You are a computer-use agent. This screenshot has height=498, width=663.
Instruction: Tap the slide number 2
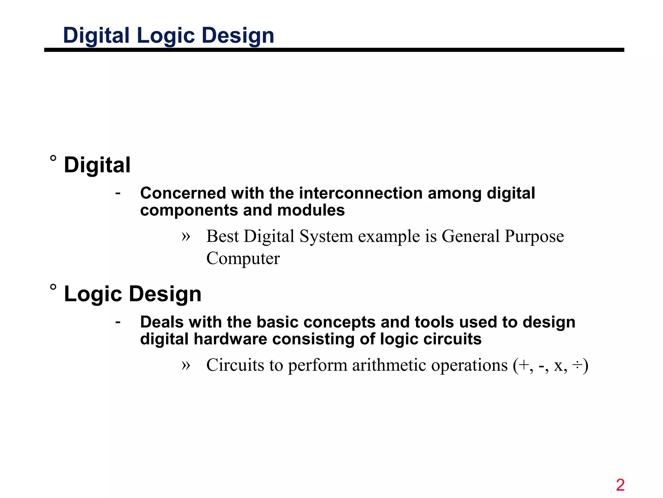620,485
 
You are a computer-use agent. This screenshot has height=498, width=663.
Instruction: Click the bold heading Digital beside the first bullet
97,165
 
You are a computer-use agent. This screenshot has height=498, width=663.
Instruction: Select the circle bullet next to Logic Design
53,287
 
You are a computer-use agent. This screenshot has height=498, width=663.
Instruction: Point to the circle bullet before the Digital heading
53,158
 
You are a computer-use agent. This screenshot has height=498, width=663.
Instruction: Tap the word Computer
243,258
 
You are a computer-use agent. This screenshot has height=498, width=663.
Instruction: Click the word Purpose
534,236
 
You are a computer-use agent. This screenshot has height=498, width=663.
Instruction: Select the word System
326,236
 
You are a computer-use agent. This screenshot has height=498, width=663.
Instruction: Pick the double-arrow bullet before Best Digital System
185,236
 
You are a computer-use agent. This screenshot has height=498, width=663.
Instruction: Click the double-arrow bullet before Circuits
185,365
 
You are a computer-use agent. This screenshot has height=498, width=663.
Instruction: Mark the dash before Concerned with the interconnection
118,194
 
